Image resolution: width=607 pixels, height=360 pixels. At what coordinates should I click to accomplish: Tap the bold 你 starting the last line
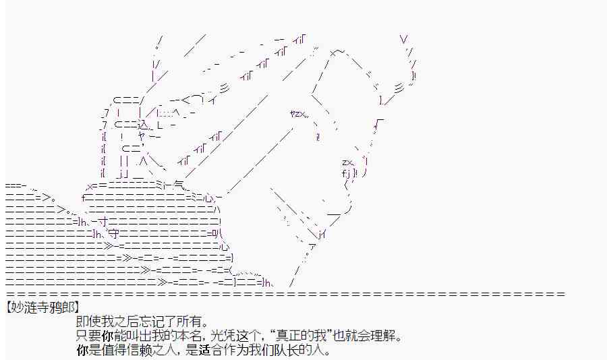pos(83,351)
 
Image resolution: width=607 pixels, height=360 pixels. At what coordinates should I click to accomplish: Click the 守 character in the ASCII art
pos(113,234)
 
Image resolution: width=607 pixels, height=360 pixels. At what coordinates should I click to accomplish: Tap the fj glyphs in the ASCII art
pos(347,174)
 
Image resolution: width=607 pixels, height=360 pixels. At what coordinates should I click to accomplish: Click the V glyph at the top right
pos(403,39)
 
